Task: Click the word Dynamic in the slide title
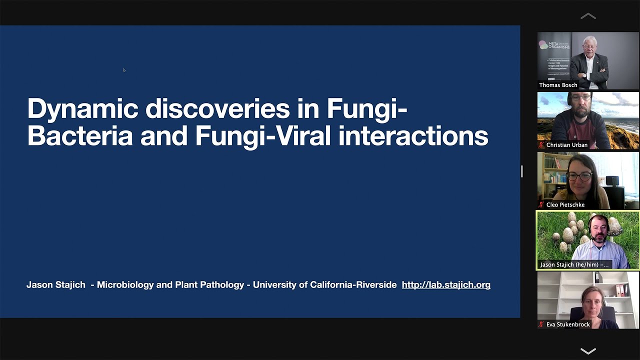82,109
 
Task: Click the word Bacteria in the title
79,136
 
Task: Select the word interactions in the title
413,136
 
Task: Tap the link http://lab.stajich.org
446,285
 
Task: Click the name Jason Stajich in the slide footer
56,285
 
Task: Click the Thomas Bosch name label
558,85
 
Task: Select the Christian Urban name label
566,145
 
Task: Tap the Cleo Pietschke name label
565,205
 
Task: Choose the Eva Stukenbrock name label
568,324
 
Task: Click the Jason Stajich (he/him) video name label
574,264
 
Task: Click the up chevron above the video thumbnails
588,16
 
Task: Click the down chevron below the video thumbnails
588,350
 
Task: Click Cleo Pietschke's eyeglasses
580,175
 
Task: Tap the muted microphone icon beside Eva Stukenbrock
541,324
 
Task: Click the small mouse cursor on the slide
124,70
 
